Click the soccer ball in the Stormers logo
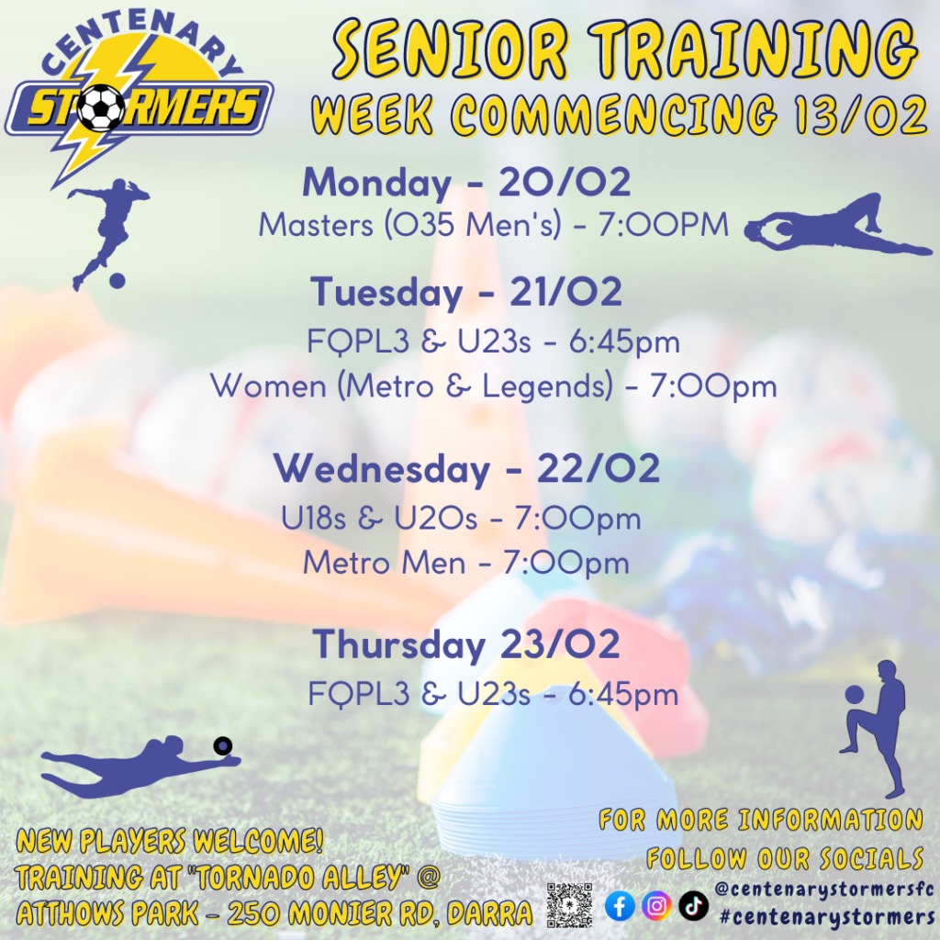pos(101,108)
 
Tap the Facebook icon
pos(620,905)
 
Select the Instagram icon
pos(656,905)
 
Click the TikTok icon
pos(694,905)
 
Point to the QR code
pos(569,905)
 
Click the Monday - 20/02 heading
pos(466,183)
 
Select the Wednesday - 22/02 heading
pos(466,469)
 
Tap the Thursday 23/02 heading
pos(465,645)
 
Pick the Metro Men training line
pos(465,564)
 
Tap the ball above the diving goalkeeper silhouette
pos(223,745)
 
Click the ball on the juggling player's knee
pos(855,695)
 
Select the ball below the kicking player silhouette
pos(117,281)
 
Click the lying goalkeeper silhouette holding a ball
pos(838,225)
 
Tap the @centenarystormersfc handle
pos(825,889)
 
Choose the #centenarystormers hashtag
pos(827,917)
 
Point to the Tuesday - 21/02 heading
pos(466,292)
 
